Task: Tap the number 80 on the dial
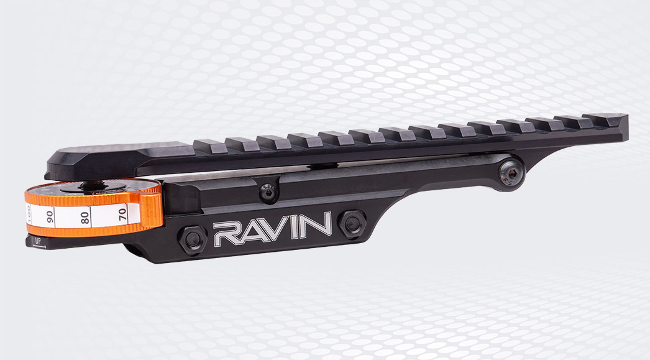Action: tap(85, 217)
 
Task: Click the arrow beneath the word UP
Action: tap(38, 246)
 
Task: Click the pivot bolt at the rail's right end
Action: tap(510, 173)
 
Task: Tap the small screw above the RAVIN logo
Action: tap(267, 193)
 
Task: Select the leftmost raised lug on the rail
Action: tap(210, 146)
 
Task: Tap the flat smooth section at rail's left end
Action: tap(118, 152)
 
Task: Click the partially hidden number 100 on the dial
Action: tap(29, 215)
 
